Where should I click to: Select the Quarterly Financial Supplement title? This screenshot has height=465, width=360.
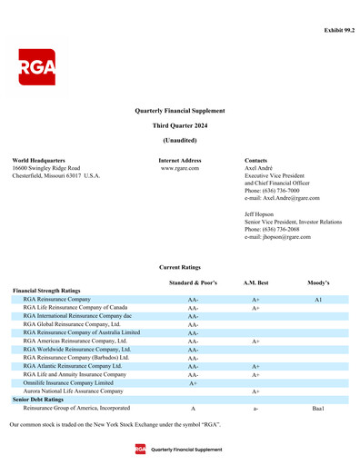(180, 109)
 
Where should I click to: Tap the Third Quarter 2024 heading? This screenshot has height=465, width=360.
(180, 124)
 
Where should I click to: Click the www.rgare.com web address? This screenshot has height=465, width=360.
(180, 168)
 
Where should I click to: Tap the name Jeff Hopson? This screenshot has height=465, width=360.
(261, 214)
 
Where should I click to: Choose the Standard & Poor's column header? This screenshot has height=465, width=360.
(193, 283)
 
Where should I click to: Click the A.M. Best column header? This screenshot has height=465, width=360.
(255, 283)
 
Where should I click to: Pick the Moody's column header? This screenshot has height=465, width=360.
(318, 283)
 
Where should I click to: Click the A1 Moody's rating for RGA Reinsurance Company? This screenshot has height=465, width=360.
(318, 299)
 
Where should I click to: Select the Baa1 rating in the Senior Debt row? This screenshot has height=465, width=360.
(318, 409)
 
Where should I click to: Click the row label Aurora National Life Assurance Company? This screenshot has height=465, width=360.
(73, 391)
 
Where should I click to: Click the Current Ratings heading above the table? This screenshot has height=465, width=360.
(180, 267)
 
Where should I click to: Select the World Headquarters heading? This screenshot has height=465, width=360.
(38, 160)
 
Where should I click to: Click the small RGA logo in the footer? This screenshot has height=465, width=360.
(140, 449)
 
